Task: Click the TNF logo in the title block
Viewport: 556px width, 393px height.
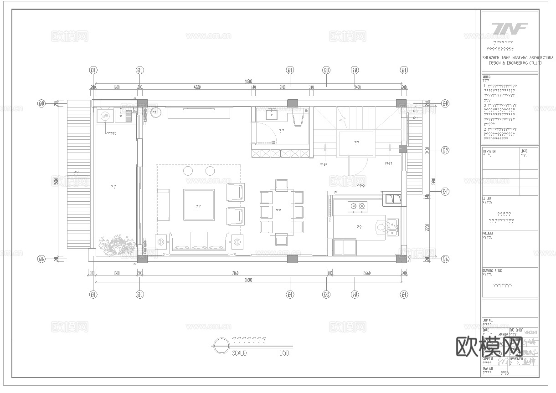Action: coord(510,28)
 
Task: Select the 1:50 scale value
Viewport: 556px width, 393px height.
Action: coord(284,352)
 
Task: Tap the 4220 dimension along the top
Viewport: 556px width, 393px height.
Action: coord(197,87)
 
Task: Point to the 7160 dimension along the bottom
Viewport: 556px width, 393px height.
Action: coord(235,273)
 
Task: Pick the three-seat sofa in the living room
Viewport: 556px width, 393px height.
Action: coord(199,242)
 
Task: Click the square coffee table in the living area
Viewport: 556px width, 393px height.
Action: coord(199,205)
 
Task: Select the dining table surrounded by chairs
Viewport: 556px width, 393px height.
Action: coord(282,210)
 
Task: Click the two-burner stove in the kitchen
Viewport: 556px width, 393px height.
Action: coord(357,206)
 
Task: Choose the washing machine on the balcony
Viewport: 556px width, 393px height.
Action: coord(105,116)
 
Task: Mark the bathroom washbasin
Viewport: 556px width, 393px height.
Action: coord(273,113)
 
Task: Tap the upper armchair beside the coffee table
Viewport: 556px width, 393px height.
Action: coord(235,192)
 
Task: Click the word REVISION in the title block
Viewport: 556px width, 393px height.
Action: coord(489,151)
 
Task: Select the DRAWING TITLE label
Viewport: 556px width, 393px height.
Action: coord(492,271)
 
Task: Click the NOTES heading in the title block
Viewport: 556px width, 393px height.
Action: coord(487,77)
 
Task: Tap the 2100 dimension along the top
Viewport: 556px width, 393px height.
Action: coord(282,87)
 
